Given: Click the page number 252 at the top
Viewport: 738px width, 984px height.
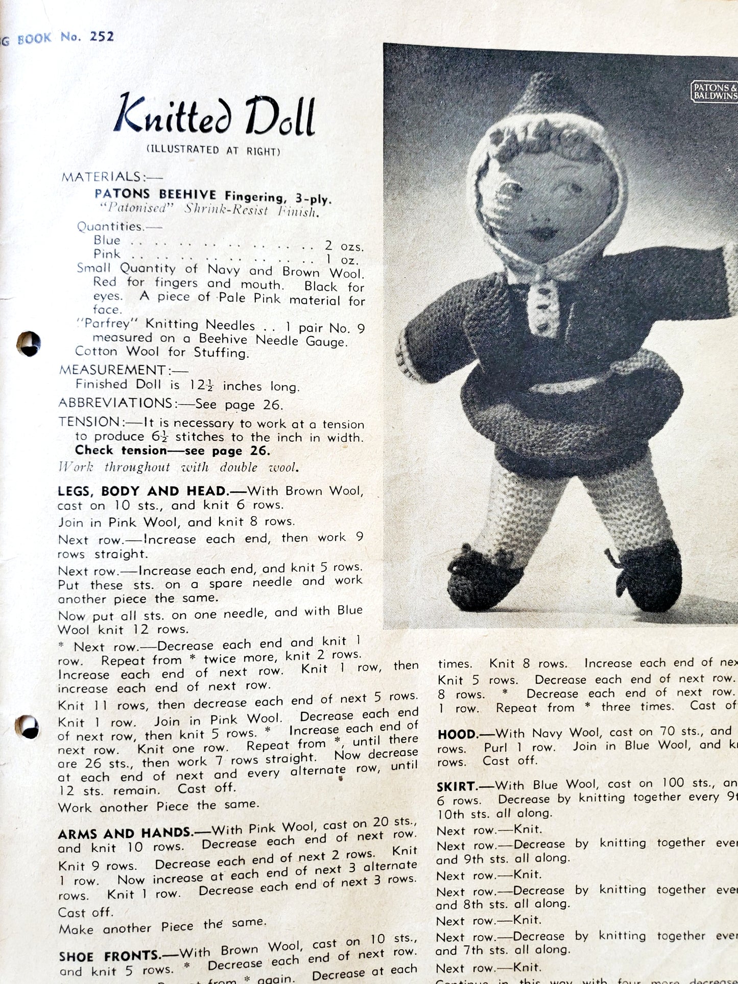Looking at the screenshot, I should (102, 37).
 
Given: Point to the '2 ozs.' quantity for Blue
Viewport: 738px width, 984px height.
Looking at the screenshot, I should (344, 246).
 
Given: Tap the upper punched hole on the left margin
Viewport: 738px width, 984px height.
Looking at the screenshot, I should (28, 344).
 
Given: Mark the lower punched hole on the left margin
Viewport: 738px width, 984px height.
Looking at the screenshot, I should (28, 727).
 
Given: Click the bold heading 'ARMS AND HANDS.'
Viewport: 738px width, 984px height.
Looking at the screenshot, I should (126, 834).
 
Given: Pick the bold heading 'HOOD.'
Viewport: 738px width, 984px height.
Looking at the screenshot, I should (457, 734).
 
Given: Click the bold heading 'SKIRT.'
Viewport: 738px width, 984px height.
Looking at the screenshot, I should (457, 785).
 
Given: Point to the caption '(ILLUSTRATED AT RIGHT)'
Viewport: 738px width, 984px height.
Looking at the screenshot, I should (213, 150).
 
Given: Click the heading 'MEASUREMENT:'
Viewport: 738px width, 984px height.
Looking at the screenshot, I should (112, 370).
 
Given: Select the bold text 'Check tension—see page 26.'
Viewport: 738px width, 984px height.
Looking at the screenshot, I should (172, 450).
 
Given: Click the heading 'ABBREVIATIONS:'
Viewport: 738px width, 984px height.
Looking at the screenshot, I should (116, 403).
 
